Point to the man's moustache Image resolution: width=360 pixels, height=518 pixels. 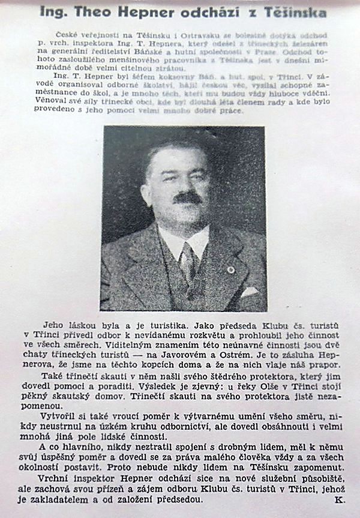[187, 197]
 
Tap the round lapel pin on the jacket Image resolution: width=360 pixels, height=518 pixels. [230, 270]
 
